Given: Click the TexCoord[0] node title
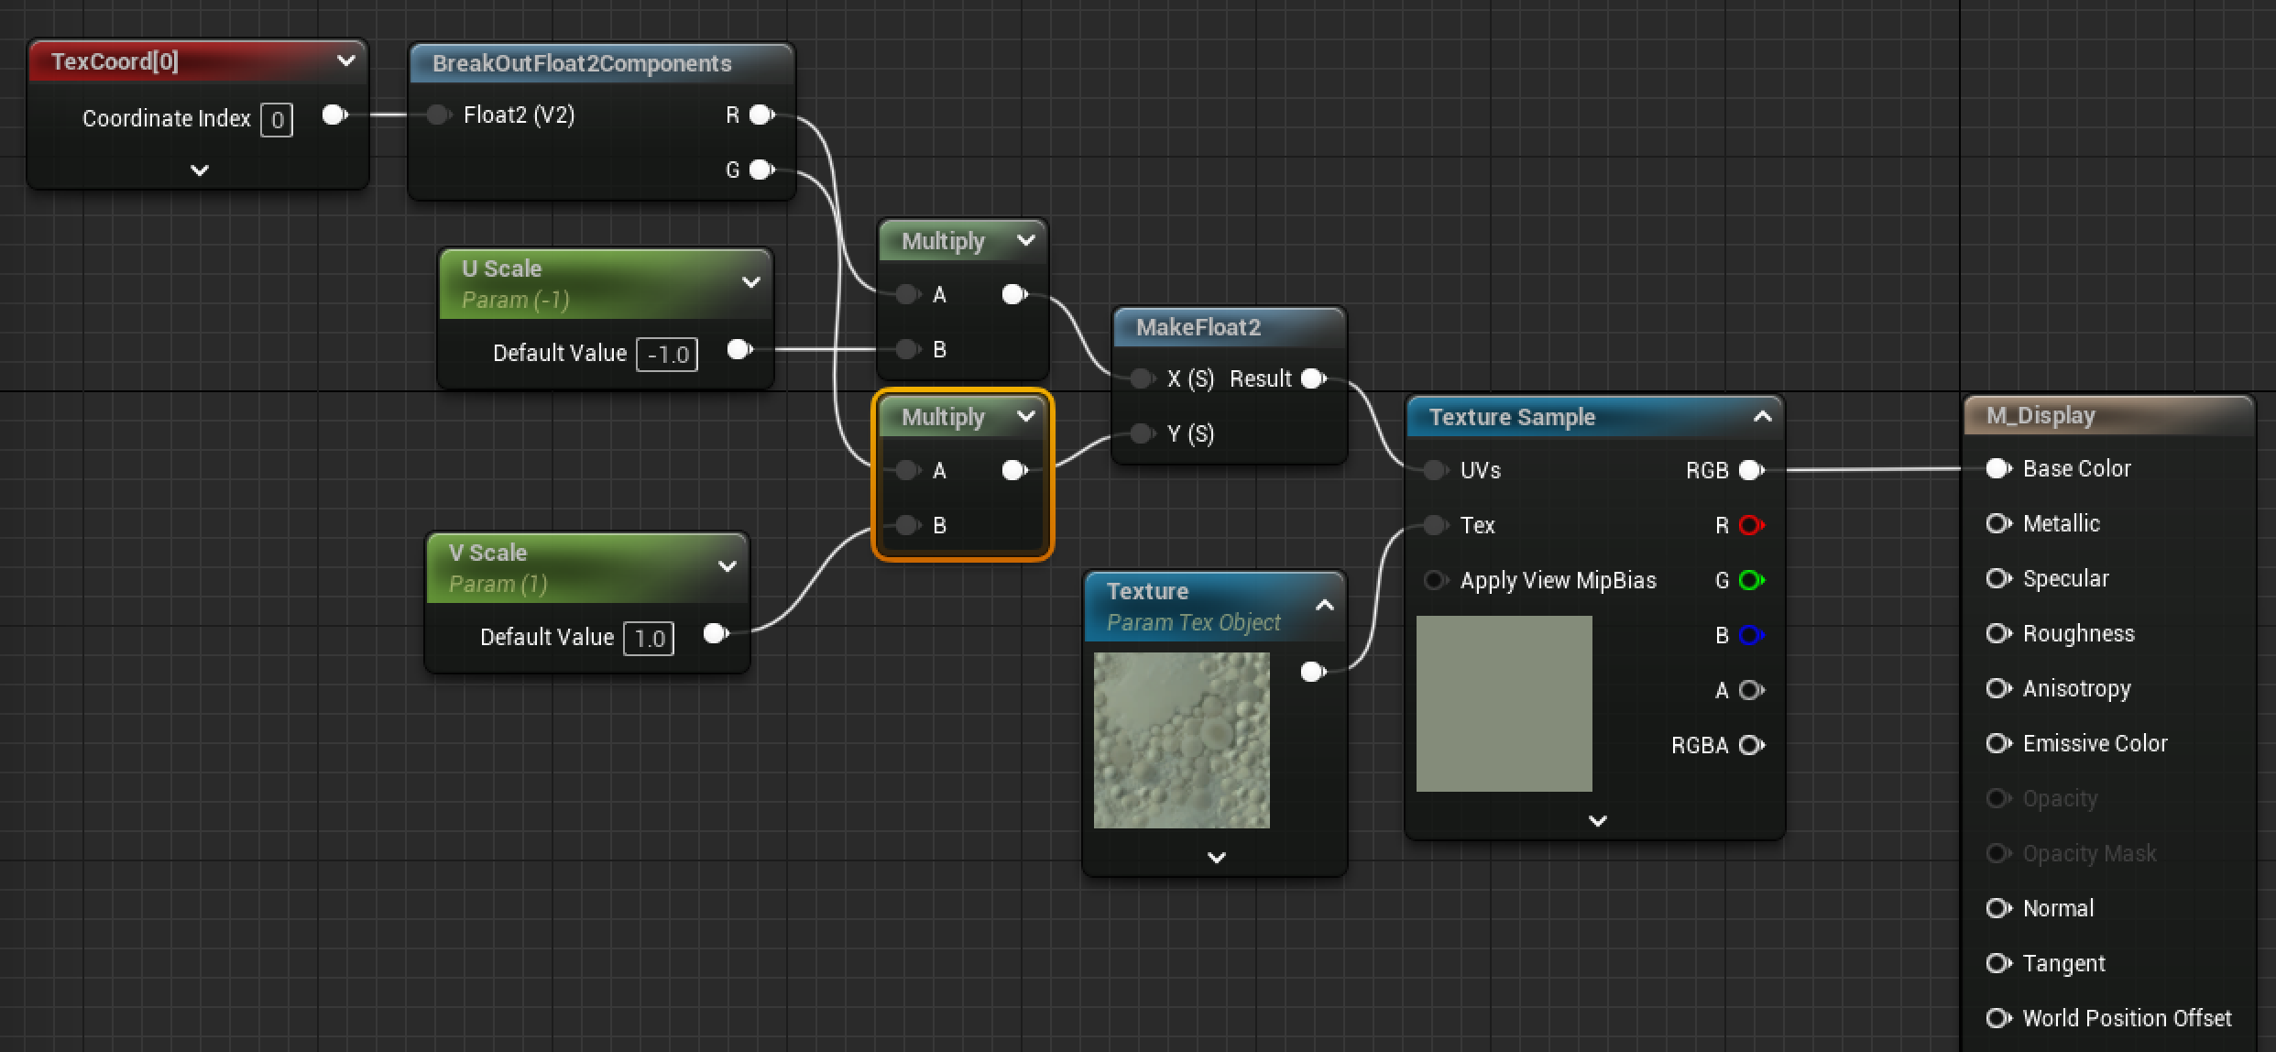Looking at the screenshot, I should coord(115,61).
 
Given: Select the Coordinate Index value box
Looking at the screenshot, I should coord(277,120).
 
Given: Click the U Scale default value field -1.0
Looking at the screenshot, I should coord(667,355).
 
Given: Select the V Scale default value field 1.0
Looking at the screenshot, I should coord(649,639).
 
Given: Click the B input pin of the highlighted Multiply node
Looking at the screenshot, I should coord(907,525).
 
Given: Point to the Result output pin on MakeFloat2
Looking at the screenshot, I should coord(1313,378).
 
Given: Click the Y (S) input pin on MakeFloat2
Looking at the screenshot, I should coord(1142,433).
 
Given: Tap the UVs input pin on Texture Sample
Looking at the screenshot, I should coord(1435,470).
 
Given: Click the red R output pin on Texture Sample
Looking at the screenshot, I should coord(1751,525).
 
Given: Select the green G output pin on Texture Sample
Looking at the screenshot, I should coord(1751,580).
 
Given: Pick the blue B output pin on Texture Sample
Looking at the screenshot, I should coord(1751,635).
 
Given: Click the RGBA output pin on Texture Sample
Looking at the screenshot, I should coord(1751,745).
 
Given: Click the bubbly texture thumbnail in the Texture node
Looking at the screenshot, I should coord(1182,740).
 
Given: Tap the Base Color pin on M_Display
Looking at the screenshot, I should coord(1997,468).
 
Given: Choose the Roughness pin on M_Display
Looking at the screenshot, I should coord(1997,633).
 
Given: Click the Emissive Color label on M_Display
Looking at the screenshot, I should coord(2095,743).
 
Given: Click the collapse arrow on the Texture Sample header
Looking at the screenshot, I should coord(1762,417).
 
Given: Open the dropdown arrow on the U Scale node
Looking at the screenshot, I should coord(751,282).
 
